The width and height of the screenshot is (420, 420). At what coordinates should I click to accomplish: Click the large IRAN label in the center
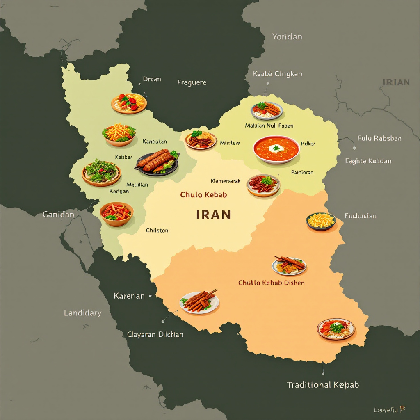pos(213,215)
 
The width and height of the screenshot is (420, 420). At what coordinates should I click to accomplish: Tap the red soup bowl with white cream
pos(276,149)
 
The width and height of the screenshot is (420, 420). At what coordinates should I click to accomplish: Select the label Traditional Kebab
pos(323,385)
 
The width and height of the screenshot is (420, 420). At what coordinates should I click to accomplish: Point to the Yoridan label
pos(287,37)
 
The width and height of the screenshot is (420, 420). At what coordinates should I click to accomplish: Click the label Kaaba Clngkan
pos(277,74)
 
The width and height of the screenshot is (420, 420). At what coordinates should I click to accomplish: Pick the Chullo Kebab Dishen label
pos(271,283)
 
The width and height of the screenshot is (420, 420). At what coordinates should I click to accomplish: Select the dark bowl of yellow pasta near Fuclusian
pos(321,221)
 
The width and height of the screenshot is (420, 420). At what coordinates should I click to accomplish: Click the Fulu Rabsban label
pos(379,138)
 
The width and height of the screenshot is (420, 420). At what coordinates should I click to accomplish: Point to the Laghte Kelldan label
pos(368,161)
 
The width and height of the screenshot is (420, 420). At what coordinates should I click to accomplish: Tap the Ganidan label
pos(58,214)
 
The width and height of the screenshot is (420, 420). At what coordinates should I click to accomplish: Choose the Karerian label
pos(129,296)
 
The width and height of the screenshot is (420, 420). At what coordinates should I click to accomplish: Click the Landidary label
pos(82,313)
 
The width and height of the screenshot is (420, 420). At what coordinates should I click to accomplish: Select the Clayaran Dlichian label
pos(155,334)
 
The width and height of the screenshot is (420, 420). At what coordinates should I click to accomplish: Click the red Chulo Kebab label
pos(203,194)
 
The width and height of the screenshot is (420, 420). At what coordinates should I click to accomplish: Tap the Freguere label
pos(192,82)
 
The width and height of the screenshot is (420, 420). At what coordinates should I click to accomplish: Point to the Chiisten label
pos(157,230)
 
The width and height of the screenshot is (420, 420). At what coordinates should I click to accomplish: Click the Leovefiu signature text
pos(387,410)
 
